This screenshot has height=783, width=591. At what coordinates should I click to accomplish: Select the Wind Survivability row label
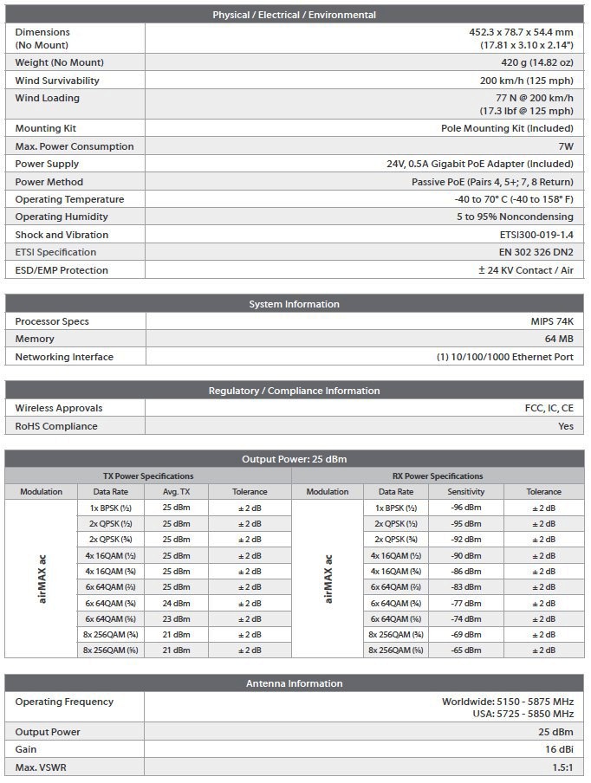pyautogui.click(x=57, y=81)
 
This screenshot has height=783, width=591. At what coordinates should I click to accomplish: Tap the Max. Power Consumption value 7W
pyautogui.click(x=566, y=146)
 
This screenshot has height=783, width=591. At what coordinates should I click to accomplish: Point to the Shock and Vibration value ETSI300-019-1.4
pyautogui.click(x=531, y=235)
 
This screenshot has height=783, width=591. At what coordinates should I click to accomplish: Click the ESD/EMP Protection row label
pyautogui.click(x=62, y=270)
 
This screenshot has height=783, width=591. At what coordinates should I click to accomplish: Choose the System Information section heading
pyautogui.click(x=295, y=304)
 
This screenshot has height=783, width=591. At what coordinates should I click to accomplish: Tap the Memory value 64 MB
pyautogui.click(x=556, y=339)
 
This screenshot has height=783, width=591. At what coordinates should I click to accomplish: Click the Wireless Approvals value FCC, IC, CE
pyautogui.click(x=543, y=408)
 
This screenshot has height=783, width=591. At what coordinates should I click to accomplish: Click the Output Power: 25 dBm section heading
pyautogui.click(x=295, y=459)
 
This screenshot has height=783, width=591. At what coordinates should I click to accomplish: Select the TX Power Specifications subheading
pyautogui.click(x=148, y=476)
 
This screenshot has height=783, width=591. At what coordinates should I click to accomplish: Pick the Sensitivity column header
pyautogui.click(x=466, y=492)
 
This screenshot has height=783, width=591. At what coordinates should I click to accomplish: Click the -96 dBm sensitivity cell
pyautogui.click(x=466, y=508)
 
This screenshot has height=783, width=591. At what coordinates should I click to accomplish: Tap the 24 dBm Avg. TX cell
pyautogui.click(x=176, y=603)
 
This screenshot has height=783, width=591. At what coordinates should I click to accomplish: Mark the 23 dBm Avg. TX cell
pyautogui.click(x=176, y=618)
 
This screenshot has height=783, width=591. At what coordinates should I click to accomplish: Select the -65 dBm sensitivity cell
pyautogui.click(x=466, y=650)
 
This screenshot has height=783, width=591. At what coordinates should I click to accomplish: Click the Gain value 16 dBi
pyautogui.click(x=558, y=749)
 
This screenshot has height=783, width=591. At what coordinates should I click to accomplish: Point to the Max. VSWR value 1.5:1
pyautogui.click(x=560, y=767)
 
